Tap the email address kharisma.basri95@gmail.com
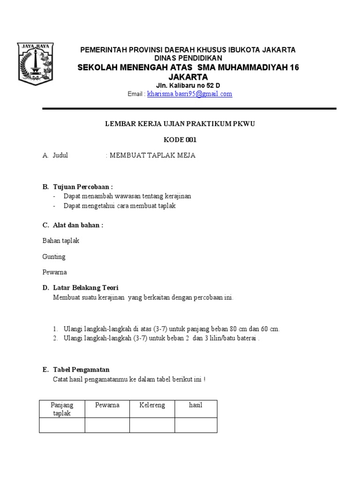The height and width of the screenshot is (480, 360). click(189, 94)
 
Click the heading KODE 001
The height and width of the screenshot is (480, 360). click(180, 140)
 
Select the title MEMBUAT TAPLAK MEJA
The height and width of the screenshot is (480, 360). click(152, 156)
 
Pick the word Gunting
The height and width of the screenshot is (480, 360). click(54, 256)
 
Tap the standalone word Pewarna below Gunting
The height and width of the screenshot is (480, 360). click(54, 272)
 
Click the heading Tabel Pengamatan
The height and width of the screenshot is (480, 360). click(81, 370)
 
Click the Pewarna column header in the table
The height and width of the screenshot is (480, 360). click(107, 405)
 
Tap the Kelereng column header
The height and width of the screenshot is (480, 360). click(152, 405)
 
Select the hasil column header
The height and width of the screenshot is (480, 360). click(195, 405)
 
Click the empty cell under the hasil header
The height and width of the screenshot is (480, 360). click(195, 425)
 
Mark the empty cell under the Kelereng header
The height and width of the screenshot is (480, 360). click(152, 425)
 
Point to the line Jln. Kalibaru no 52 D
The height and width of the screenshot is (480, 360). click(187, 85)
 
